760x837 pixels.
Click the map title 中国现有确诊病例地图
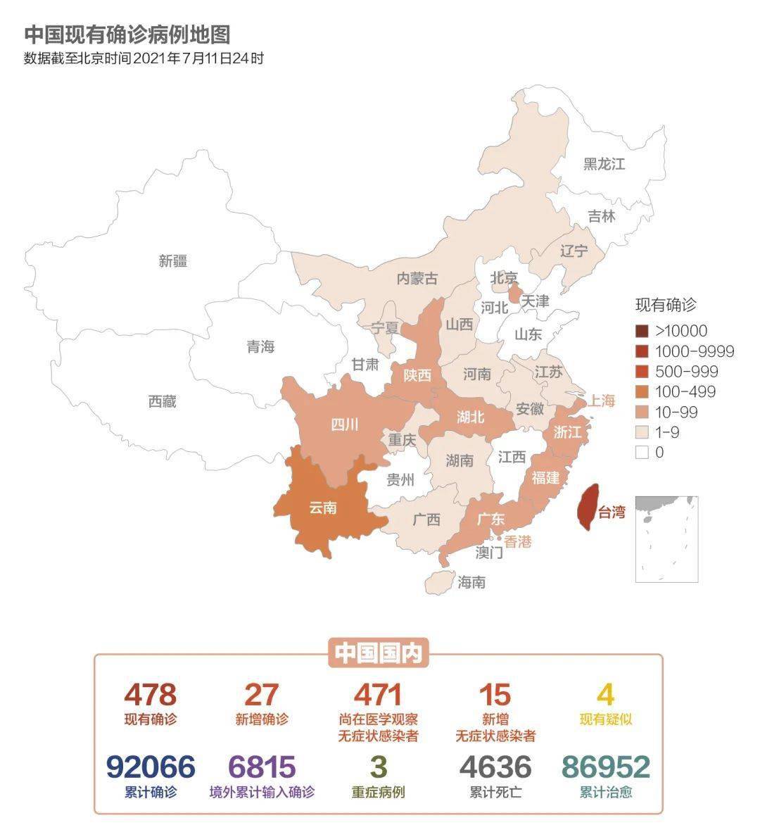click(x=127, y=34)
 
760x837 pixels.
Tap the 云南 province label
click(x=323, y=508)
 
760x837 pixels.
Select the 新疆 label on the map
click(x=173, y=261)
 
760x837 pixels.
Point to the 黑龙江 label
click(x=604, y=164)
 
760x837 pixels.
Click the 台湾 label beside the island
click(x=611, y=512)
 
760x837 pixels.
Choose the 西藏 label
click(x=162, y=402)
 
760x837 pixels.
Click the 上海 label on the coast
click(x=602, y=401)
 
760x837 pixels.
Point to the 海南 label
click(x=471, y=582)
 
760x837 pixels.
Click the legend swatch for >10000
click(x=641, y=331)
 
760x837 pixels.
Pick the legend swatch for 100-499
click(x=641, y=392)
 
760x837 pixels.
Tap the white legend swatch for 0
click(x=641, y=453)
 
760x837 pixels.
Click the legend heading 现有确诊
click(x=665, y=305)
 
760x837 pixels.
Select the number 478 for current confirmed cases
click(x=151, y=695)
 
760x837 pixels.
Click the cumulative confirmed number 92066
click(x=151, y=767)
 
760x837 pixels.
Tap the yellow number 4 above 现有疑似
click(x=605, y=695)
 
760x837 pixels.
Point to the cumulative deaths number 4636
click(x=495, y=767)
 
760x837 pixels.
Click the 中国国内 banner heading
click(x=378, y=654)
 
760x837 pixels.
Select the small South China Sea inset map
click(x=666, y=539)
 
